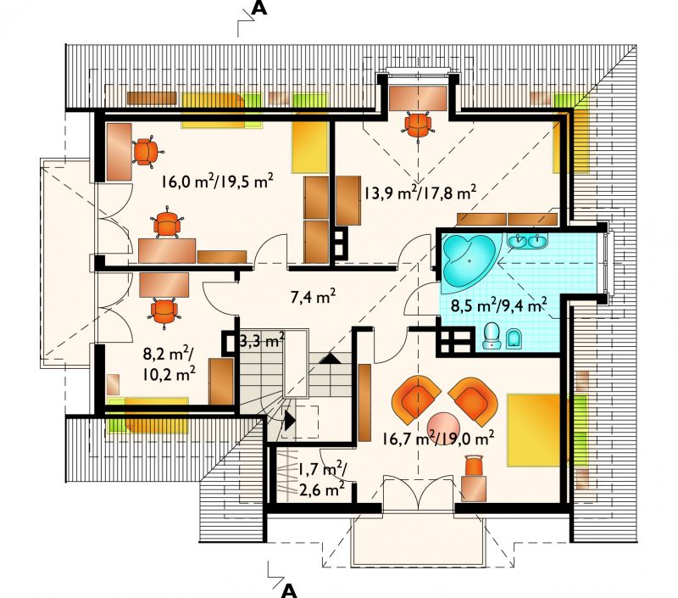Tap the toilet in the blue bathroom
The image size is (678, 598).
pos(492,336)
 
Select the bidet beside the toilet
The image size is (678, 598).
pos(514,338)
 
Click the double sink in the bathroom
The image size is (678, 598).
pos(527,241)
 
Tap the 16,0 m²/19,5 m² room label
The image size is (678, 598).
pos(218,181)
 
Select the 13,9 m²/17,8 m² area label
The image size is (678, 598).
pos(420,192)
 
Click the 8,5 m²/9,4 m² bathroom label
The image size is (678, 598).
pos(498,305)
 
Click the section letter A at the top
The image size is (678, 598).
pos(259,8)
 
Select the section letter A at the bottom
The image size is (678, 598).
pos(290,590)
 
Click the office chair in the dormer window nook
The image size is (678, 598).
pos(418,124)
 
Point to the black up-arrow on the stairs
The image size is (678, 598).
pos(330,358)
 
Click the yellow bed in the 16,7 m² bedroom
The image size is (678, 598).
pos(536,430)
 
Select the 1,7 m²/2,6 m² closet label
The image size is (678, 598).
pos(320,479)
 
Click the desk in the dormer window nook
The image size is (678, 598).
pos(418,98)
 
